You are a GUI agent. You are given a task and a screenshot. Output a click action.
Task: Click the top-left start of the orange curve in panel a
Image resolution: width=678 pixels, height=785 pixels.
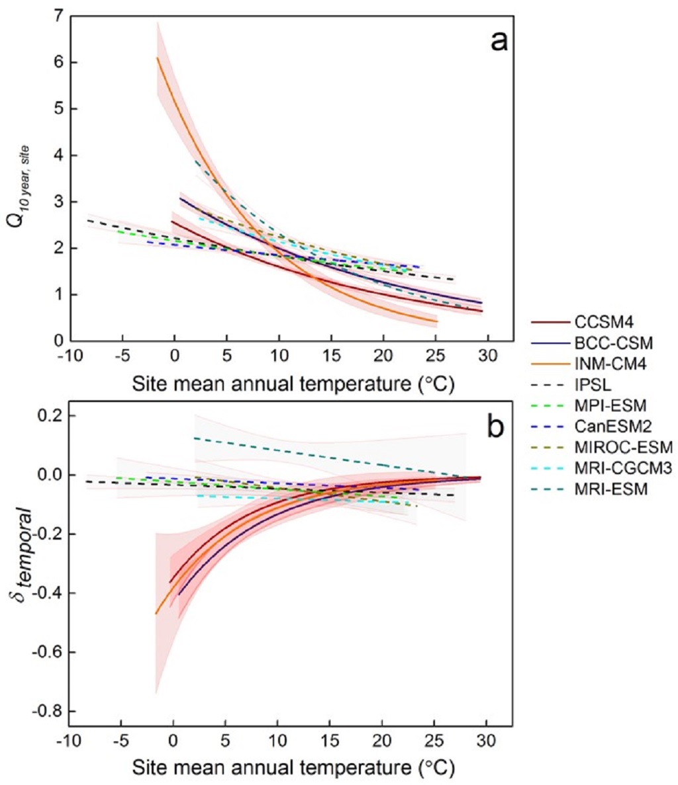click(x=157, y=58)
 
